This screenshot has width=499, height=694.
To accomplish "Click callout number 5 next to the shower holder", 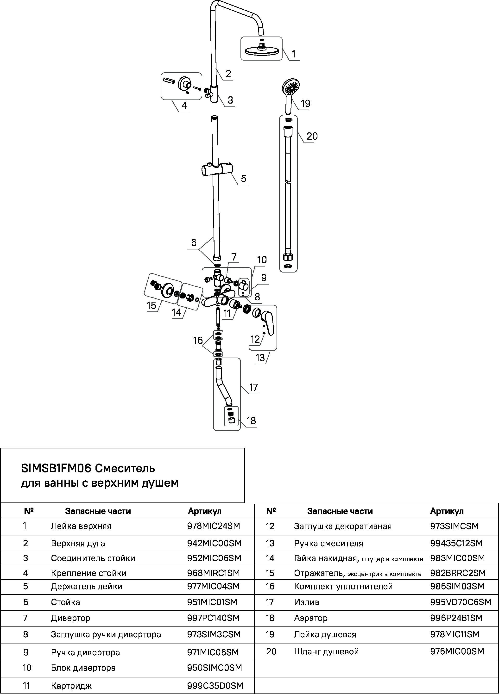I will pyautogui.click(x=243, y=178).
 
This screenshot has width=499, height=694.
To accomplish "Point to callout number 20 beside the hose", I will pyautogui.click(x=312, y=136).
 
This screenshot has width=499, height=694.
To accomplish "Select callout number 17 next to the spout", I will pyautogui.click(x=253, y=388).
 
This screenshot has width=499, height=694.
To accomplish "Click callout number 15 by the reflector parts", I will pyautogui.click(x=152, y=305).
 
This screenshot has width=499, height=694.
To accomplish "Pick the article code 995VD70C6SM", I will pyautogui.click(x=461, y=602).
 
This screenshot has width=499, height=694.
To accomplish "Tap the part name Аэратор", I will pyautogui.click(x=311, y=618).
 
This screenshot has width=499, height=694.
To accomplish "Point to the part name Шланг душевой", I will pyautogui.click(x=326, y=651).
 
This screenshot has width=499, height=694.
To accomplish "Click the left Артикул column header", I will pyautogui.click(x=204, y=511).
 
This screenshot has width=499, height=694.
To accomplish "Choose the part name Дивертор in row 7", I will pyautogui.click(x=71, y=618).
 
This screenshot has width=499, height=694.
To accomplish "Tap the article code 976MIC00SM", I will pyautogui.click(x=457, y=651).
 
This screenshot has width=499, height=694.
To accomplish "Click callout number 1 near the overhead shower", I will pyautogui.click(x=294, y=54).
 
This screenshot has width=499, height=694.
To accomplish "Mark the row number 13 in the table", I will pyautogui.click(x=270, y=543).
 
